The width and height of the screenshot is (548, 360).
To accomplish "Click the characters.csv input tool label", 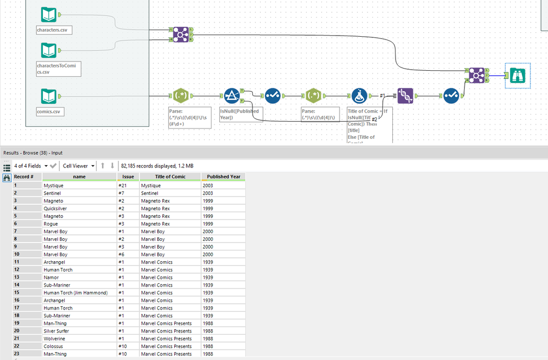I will (54, 30).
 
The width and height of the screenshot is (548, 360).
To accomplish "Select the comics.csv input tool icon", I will (49, 97).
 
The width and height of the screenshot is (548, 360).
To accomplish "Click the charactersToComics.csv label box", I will (58, 69).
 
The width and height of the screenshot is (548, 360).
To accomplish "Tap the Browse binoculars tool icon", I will (517, 75).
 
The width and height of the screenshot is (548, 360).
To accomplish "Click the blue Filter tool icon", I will (231, 96).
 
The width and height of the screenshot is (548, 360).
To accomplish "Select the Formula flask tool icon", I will (360, 96).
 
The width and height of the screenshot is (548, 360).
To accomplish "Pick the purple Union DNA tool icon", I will (405, 96).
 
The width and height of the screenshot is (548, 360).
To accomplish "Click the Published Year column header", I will (223, 177).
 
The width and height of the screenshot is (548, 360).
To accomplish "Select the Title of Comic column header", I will (170, 177).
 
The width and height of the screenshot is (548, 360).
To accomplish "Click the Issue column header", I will (128, 177).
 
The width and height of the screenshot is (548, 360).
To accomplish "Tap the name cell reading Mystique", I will (54, 185).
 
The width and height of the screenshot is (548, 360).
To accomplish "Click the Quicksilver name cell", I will (56, 209).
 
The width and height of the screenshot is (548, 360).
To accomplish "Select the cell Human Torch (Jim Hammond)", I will (76, 292).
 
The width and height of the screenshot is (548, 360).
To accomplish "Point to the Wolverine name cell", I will (55, 339).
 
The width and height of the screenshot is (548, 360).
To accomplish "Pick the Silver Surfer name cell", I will (58, 331).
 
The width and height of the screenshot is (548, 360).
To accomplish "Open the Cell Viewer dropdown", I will (78, 166).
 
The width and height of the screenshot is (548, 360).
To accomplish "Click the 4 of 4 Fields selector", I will (30, 166).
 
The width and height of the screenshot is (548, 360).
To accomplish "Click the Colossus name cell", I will (54, 346).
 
